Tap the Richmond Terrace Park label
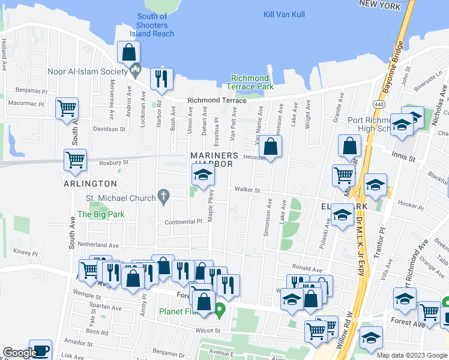pyautogui.click(x=250, y=83)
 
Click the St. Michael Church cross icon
pyautogui.click(x=162, y=196)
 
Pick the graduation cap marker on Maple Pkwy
pyautogui.click(x=203, y=175)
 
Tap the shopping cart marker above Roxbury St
pyautogui.click(x=76, y=160)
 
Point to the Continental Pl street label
pyautogui.click(x=184, y=222)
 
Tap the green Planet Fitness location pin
pyautogui.click(x=220, y=310)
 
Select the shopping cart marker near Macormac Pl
pyautogui.click(x=67, y=109)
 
